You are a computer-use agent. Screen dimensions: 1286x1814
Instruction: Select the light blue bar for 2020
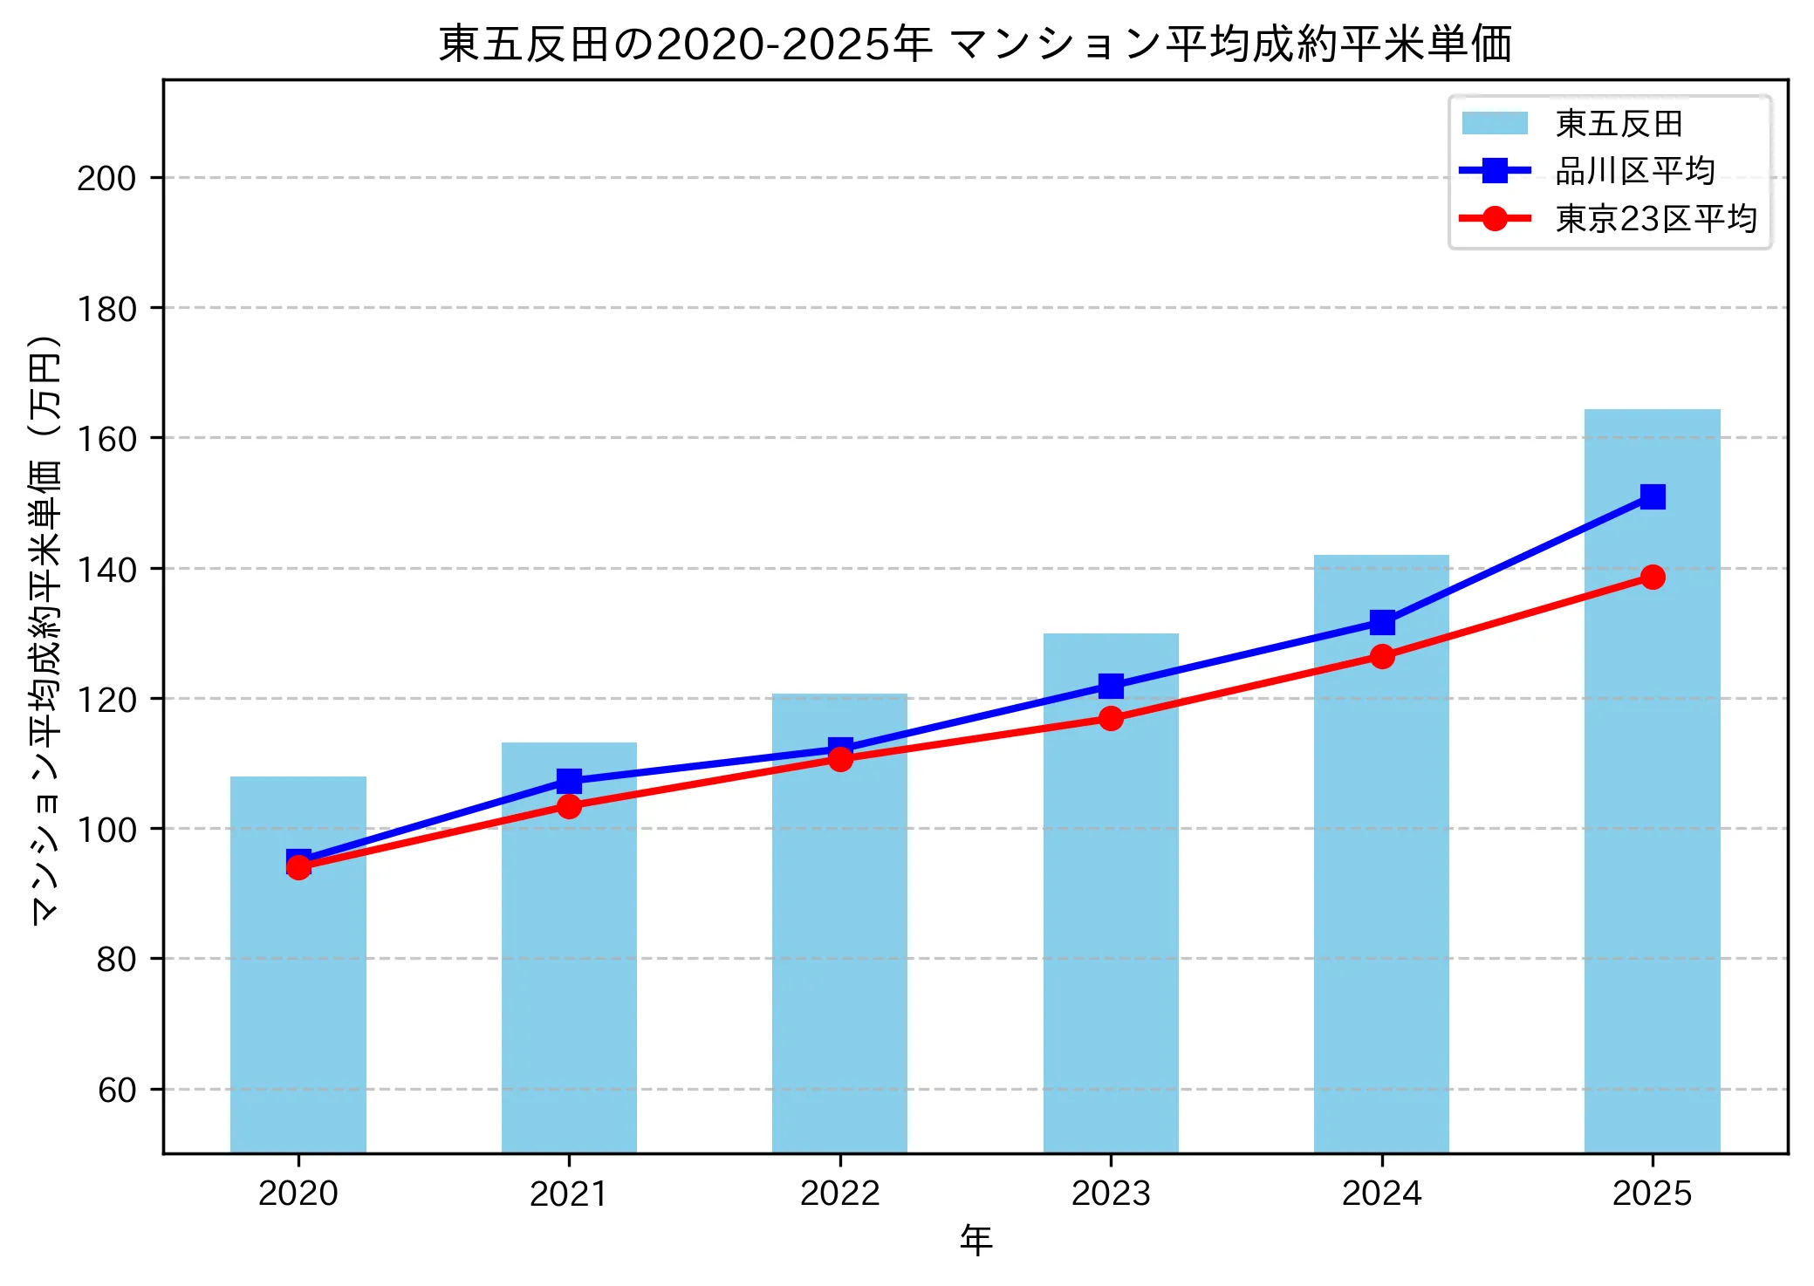(298, 1003)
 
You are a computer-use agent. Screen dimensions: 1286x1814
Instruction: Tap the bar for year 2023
(1111, 916)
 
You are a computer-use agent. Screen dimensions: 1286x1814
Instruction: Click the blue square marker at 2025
(1652, 496)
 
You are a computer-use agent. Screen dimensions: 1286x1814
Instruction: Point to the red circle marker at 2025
(1652, 577)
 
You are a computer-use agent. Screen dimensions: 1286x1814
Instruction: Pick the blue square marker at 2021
(569, 780)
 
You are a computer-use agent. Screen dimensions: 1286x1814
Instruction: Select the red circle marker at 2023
(1111, 718)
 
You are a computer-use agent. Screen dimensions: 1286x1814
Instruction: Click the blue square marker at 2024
(1381, 622)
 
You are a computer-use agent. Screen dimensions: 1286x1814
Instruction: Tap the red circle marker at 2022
(840, 759)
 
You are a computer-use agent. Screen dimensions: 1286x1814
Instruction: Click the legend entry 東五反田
(1619, 124)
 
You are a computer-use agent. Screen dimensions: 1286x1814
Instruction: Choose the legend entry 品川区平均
(1634, 171)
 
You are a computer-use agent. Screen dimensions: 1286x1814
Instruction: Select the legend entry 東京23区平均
(1655, 218)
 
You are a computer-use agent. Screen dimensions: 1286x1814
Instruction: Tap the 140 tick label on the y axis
(106, 570)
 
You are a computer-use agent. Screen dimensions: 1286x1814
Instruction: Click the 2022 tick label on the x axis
(840, 1194)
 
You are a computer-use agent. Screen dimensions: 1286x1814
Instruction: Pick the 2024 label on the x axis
(1381, 1194)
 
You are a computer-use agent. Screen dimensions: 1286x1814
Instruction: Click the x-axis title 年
(975, 1240)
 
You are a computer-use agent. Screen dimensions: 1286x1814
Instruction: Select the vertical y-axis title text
(45, 628)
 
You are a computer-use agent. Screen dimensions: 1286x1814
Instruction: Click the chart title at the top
(975, 44)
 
